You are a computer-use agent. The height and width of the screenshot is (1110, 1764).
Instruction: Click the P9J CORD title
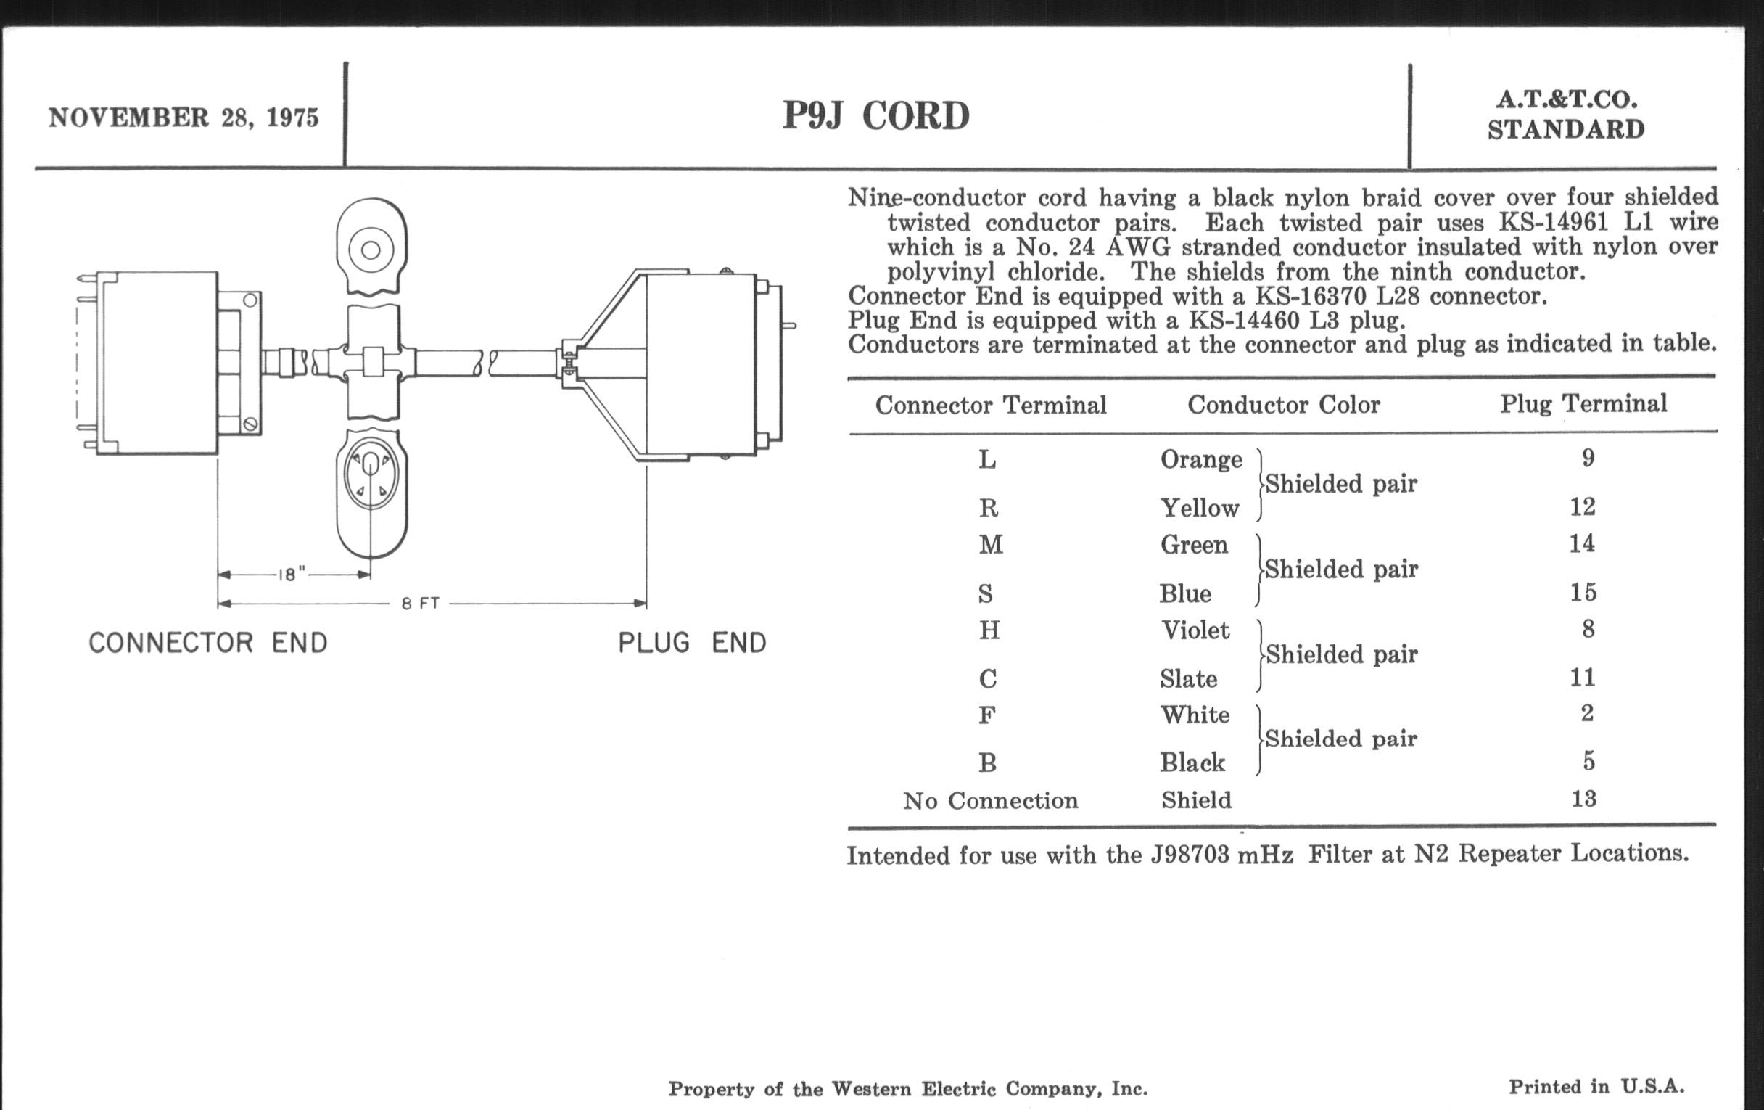pyautogui.click(x=875, y=116)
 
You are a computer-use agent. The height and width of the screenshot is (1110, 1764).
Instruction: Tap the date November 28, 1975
pyautogui.click(x=184, y=118)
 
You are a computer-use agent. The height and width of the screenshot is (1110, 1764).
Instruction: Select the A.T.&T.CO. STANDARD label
pyautogui.click(x=1565, y=115)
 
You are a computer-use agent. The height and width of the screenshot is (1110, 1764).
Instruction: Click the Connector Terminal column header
pyautogui.click(x=990, y=405)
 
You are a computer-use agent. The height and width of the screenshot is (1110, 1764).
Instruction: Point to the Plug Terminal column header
pyautogui.click(x=1583, y=403)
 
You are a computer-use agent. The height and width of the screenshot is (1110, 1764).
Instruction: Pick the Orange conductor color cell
pyautogui.click(x=1200, y=459)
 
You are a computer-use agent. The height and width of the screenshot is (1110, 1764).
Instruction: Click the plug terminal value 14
pyautogui.click(x=1582, y=543)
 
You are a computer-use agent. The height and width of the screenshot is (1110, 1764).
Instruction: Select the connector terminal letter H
pyautogui.click(x=989, y=630)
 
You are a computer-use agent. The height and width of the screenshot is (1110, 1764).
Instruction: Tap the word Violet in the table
pyautogui.click(x=1195, y=630)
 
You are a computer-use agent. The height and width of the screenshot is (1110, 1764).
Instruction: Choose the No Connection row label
pyautogui.click(x=990, y=801)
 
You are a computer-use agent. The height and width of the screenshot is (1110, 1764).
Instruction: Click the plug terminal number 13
pyautogui.click(x=1583, y=799)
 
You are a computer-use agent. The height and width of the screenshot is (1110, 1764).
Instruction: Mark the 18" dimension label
pyautogui.click(x=291, y=575)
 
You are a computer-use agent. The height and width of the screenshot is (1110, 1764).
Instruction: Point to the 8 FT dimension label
pyautogui.click(x=421, y=604)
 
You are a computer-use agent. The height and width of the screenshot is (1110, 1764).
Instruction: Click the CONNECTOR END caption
pyautogui.click(x=208, y=644)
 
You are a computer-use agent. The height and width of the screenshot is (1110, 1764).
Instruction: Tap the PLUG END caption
pyautogui.click(x=691, y=644)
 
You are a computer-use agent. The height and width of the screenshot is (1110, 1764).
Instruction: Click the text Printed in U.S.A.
pyautogui.click(x=1596, y=1087)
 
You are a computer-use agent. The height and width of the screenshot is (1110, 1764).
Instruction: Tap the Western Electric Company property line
pyautogui.click(x=907, y=1089)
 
